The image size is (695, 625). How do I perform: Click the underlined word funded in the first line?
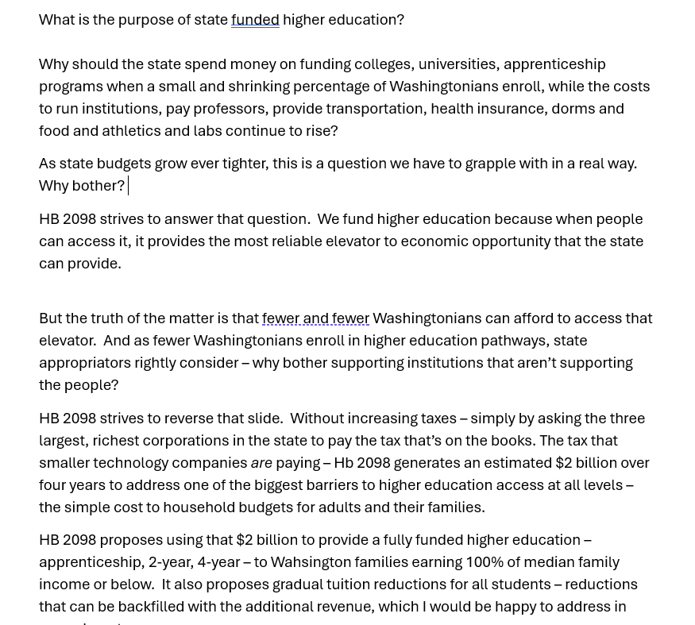(255, 19)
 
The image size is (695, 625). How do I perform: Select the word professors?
(230, 108)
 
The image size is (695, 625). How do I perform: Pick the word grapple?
(490, 163)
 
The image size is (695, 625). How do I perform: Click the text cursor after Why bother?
(128, 185)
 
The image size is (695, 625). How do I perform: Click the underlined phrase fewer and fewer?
(315, 318)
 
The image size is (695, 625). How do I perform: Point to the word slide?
(264, 418)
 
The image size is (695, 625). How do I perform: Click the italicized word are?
(261, 462)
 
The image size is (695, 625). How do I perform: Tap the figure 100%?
(485, 561)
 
